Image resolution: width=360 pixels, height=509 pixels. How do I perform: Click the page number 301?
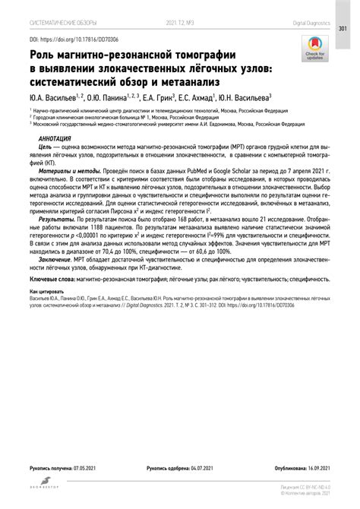(x=343, y=29)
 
